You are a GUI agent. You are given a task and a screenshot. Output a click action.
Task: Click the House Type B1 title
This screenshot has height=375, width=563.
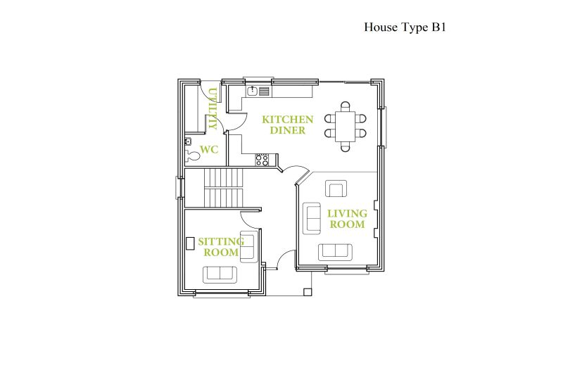405,27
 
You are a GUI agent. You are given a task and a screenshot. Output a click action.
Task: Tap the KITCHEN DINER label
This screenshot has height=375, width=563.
288,125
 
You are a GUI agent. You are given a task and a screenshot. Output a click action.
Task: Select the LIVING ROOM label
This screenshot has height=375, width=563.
347,219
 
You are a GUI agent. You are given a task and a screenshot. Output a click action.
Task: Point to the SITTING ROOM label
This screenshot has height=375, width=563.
221,247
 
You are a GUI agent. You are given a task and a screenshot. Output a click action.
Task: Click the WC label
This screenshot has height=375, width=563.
209,149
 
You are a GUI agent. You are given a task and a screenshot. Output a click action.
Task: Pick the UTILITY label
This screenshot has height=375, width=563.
213,108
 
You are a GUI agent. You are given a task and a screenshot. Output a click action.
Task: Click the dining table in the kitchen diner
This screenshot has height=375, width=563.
345,127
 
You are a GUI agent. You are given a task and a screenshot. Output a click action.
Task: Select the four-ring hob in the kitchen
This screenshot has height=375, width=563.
261,160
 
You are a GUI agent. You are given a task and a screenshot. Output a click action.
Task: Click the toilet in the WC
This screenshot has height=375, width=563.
192,155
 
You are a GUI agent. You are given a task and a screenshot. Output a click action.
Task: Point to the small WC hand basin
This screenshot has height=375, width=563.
188,141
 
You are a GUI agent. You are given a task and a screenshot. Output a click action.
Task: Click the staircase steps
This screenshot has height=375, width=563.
223,188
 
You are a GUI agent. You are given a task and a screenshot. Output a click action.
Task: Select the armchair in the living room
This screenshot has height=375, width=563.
336,189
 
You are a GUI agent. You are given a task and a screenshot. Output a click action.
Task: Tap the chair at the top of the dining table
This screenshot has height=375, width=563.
345,106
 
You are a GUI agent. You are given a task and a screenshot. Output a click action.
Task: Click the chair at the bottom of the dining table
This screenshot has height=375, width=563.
345,146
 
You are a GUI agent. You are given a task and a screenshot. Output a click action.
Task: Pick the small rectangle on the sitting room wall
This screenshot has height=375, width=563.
189,243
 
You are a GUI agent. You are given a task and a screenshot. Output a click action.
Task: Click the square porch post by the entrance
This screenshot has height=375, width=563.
308,292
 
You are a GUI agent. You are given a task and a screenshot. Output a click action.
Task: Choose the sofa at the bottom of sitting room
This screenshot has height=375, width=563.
220,274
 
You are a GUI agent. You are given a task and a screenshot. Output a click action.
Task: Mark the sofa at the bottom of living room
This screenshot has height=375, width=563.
335,252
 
